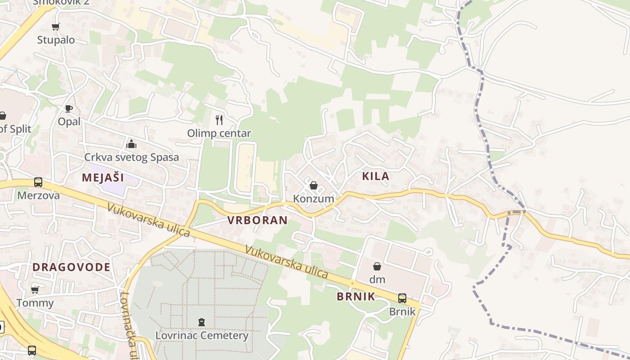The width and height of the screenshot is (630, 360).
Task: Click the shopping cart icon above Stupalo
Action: click(x=56, y=27)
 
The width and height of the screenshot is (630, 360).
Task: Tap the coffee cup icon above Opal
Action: click(x=68, y=108)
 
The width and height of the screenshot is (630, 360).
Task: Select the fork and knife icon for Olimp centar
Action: click(x=219, y=120)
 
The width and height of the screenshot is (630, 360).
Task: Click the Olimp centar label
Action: click(x=219, y=134)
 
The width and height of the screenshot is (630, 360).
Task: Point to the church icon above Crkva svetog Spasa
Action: click(x=131, y=144)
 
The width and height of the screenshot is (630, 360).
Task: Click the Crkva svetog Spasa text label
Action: click(x=132, y=157)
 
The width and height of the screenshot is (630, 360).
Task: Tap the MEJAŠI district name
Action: click(x=103, y=177)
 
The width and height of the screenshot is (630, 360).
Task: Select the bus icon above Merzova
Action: click(x=38, y=182)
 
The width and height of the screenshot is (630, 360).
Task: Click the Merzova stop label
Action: click(x=39, y=195)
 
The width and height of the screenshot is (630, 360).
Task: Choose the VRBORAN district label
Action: click(x=257, y=220)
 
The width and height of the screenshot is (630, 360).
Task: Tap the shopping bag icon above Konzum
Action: click(x=314, y=185)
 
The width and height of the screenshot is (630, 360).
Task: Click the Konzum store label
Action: click(x=314, y=198)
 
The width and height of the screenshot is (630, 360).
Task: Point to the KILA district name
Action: click(x=376, y=176)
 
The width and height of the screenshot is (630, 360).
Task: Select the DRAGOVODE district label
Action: click(x=72, y=267)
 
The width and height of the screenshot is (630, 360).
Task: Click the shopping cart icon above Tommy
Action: click(x=35, y=290)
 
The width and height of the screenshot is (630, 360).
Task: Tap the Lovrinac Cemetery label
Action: click(x=202, y=335)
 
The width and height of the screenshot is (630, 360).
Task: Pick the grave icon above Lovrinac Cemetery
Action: click(x=202, y=322)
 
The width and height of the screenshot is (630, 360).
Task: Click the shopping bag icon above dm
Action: click(x=377, y=266)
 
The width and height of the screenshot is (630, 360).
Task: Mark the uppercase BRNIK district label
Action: click(x=356, y=296)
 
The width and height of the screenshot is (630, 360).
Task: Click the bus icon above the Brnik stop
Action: click(x=402, y=298)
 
